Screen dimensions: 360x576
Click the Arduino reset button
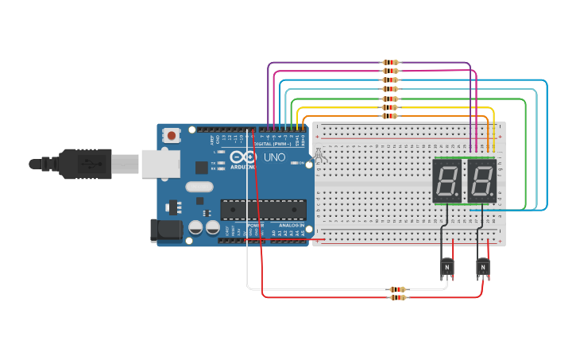(x=172, y=136)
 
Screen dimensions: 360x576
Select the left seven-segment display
(x=447, y=181)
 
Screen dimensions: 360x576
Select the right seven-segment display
(x=481, y=181)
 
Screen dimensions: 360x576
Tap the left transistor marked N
(x=446, y=268)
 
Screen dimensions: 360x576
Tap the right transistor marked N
(x=482, y=268)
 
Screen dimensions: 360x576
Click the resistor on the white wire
(x=397, y=289)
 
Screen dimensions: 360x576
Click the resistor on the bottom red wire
(x=397, y=297)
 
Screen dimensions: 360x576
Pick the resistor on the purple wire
(x=390, y=62)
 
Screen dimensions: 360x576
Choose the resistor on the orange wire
(x=389, y=116)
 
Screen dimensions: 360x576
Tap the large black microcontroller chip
(x=263, y=209)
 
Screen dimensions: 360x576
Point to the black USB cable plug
(x=83, y=164)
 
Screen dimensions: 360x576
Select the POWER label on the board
(x=255, y=225)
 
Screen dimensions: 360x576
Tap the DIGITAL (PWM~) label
(x=272, y=144)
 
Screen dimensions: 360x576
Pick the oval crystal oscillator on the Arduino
(x=199, y=188)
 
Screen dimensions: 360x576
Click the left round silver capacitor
(x=195, y=227)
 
